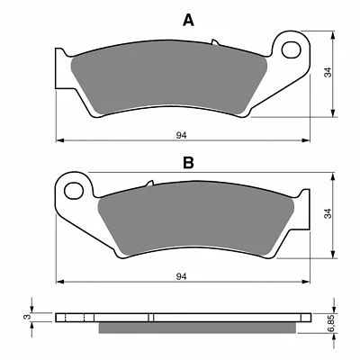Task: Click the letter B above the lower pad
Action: tap(187, 163)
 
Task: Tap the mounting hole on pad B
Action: tap(76, 190)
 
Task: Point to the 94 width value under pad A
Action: tap(181, 135)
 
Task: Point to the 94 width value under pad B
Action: tap(181, 274)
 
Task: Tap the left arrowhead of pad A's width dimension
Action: tap(59, 141)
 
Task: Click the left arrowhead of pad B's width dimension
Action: tap(59, 280)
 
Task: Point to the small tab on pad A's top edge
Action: tap(214, 41)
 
